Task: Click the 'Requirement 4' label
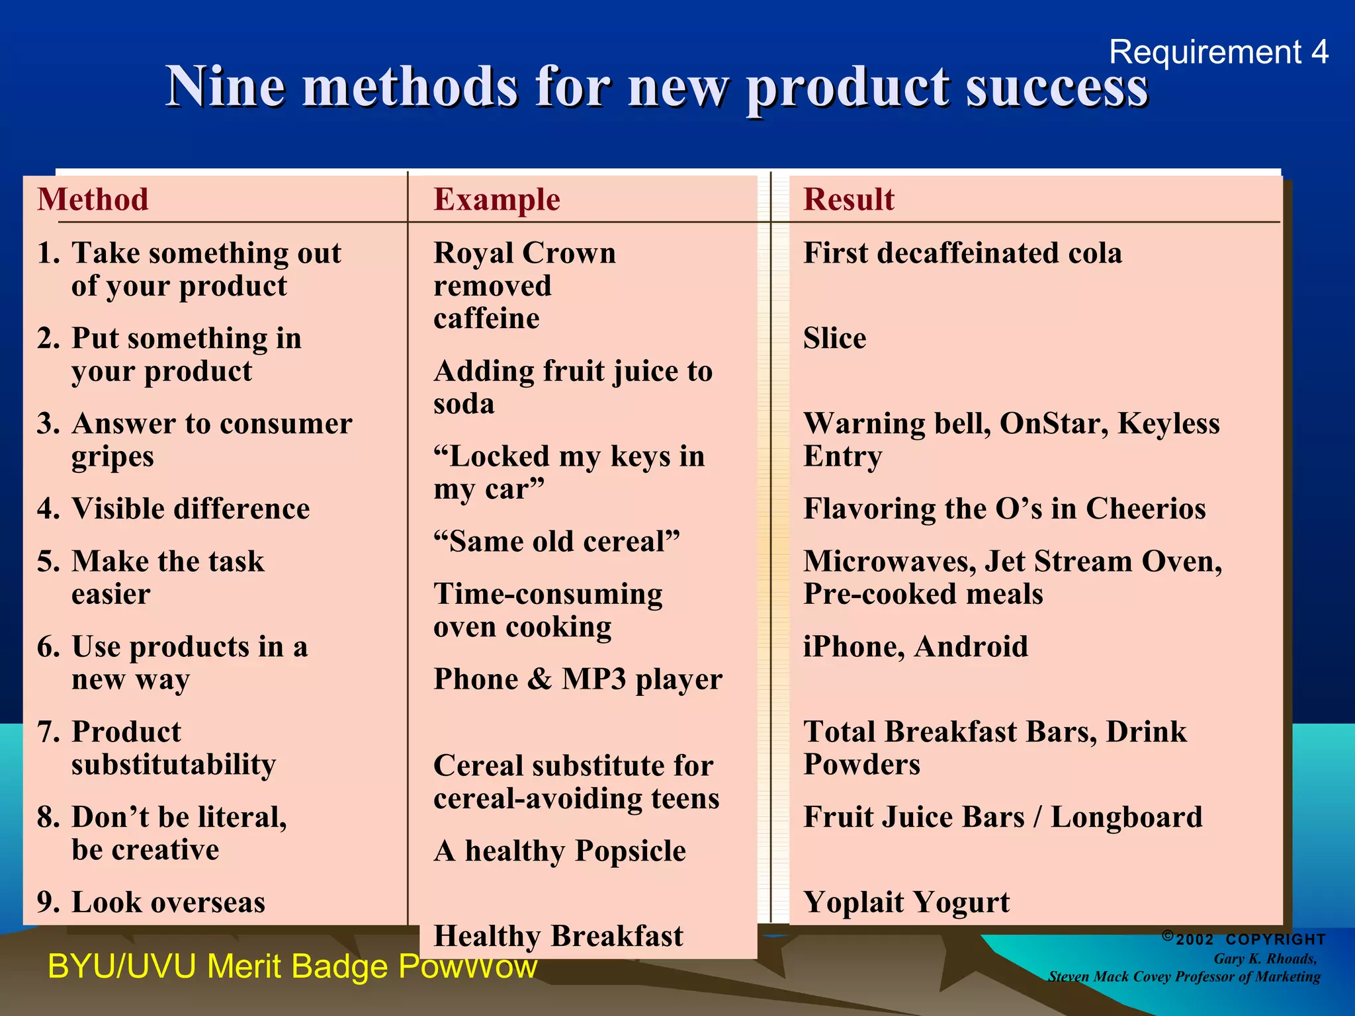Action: click(1218, 52)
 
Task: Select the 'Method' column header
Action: click(93, 200)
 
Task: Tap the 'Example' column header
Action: click(497, 200)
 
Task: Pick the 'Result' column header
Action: click(849, 200)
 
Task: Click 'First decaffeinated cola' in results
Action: click(963, 253)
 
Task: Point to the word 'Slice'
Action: click(834, 339)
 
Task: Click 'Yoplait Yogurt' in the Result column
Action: click(906, 903)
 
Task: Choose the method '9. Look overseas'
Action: click(152, 903)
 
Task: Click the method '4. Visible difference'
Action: click(174, 509)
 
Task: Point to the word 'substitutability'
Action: click(173, 765)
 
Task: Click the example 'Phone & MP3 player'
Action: click(578, 680)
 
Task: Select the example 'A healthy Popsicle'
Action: click(560, 851)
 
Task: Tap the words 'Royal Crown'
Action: click(525, 253)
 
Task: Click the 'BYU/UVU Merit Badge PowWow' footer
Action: click(292, 967)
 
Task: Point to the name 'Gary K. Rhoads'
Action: click(1265, 959)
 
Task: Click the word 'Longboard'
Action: click(1126, 818)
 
